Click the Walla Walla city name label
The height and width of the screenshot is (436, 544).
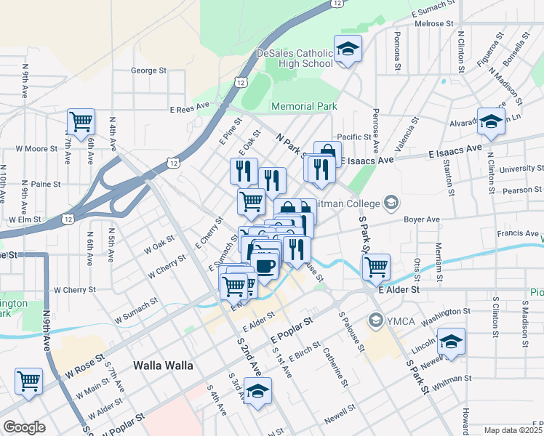pos(163,365)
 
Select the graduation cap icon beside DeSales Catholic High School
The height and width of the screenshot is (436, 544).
pos(348,50)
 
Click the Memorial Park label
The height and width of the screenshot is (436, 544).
pos(304,106)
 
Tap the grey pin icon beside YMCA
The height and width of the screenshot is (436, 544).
pos(376,318)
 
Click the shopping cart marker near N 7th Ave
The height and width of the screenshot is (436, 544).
pos(81,122)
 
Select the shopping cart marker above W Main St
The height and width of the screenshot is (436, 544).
pos(28,381)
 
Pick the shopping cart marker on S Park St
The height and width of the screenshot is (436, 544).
pos(376,267)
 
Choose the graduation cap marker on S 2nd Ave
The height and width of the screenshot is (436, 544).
pos(257,391)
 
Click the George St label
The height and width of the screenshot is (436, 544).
pos(148,70)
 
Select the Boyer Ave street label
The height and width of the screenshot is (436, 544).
pos(423,219)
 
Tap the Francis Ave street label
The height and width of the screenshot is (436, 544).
pos(517,233)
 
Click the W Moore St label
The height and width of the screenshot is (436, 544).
pos(36,149)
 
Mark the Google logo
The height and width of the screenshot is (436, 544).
pos(24,427)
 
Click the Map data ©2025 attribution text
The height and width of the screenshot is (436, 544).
pos(513,430)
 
